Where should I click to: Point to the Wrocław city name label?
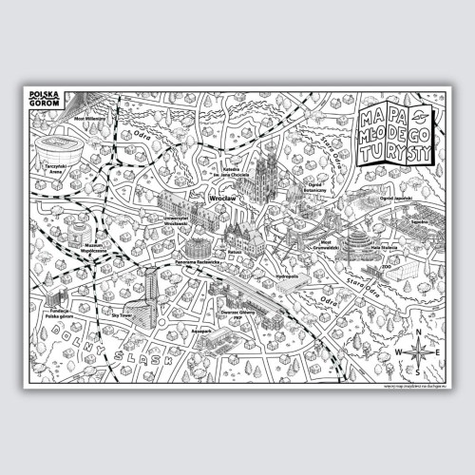[222, 199]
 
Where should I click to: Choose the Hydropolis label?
[286, 276]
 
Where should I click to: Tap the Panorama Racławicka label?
[198, 261]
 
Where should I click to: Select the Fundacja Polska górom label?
[62, 315]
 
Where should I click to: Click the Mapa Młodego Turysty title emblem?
[396, 135]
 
